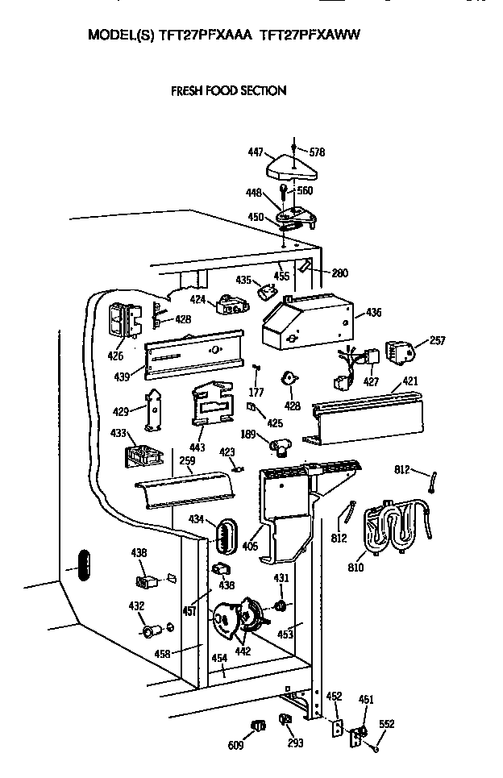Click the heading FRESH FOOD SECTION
click(x=228, y=91)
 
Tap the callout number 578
click(x=318, y=152)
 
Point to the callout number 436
click(x=374, y=312)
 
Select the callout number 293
click(x=295, y=743)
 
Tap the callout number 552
click(x=387, y=724)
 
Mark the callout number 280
click(x=339, y=273)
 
